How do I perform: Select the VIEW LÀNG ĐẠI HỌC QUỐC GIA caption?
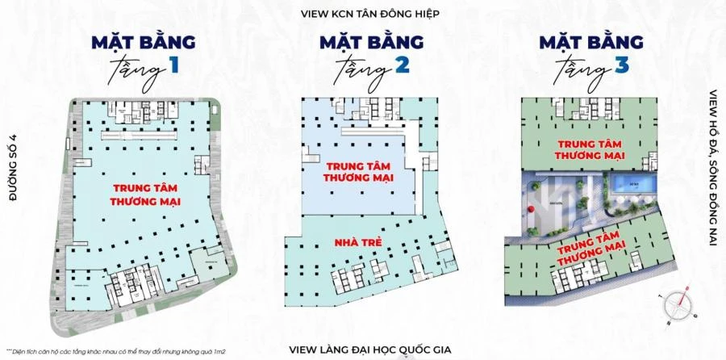[x=362, y=350]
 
